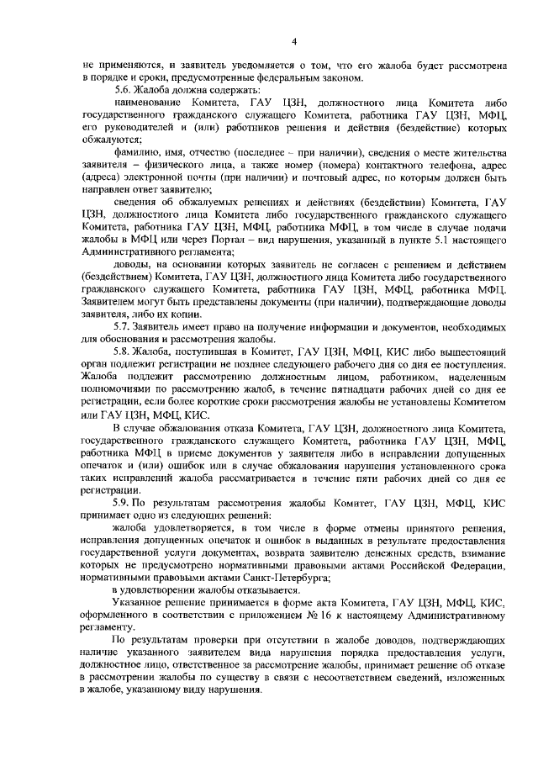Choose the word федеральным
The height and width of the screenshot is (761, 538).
[x=289, y=78]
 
